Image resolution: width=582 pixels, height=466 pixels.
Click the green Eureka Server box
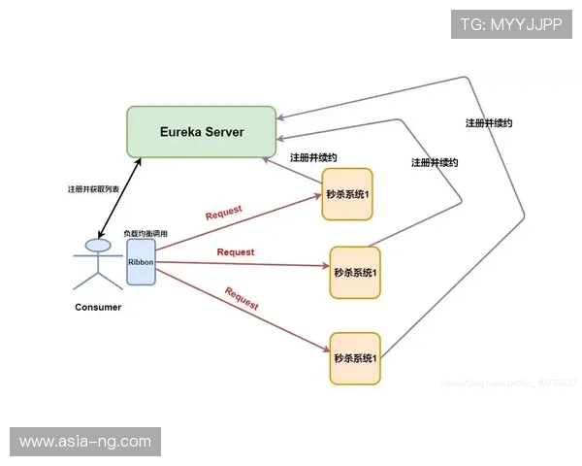pos(203,132)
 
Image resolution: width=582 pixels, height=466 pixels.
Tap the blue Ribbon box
pos(141,261)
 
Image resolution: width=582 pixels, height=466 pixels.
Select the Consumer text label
pos(98,308)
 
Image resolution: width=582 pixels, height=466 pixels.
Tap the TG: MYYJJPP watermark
pos(511,25)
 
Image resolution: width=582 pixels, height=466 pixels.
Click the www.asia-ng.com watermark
pos(85,442)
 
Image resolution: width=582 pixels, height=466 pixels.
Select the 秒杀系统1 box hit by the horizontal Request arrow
pos(355,273)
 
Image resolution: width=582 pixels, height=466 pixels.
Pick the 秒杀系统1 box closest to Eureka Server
pos(347,194)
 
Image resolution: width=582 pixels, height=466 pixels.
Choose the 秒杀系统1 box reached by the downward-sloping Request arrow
pos(355,357)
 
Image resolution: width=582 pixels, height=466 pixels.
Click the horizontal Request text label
pos(236,252)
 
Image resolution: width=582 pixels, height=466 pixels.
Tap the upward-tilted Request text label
pos(224,213)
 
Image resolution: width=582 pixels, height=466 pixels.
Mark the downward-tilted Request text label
pos(242,298)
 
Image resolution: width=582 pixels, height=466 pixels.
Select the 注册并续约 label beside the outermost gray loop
pos(489,123)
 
